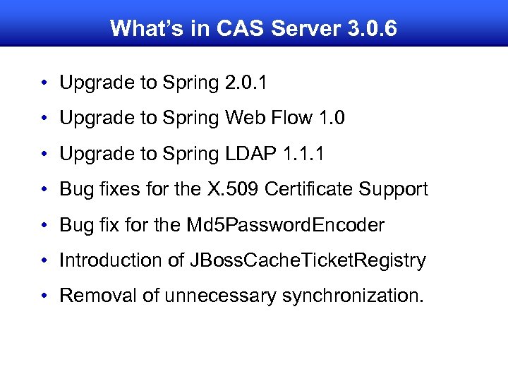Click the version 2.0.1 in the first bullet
(x=246, y=83)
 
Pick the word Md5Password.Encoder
(x=285, y=225)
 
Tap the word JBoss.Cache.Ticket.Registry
(x=308, y=260)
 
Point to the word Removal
(x=98, y=296)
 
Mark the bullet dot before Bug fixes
(x=44, y=190)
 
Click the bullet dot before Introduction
(x=44, y=261)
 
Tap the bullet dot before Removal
(x=44, y=296)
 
